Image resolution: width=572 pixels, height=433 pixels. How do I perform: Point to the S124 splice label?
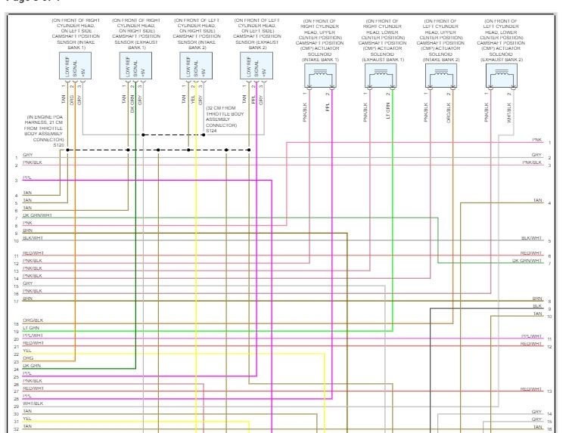click(x=211, y=133)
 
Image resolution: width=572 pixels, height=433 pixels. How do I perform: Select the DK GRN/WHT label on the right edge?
click(x=527, y=260)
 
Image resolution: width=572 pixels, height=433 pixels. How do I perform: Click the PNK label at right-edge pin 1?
click(x=537, y=140)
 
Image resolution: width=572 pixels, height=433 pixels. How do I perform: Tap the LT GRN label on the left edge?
click(x=31, y=328)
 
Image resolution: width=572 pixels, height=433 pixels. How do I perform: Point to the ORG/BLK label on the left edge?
click(x=33, y=320)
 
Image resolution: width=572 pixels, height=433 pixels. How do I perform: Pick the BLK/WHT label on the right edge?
click(x=532, y=238)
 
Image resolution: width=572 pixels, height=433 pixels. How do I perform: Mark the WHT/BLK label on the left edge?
click(x=33, y=404)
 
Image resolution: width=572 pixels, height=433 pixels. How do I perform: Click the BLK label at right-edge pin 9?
click(x=537, y=306)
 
